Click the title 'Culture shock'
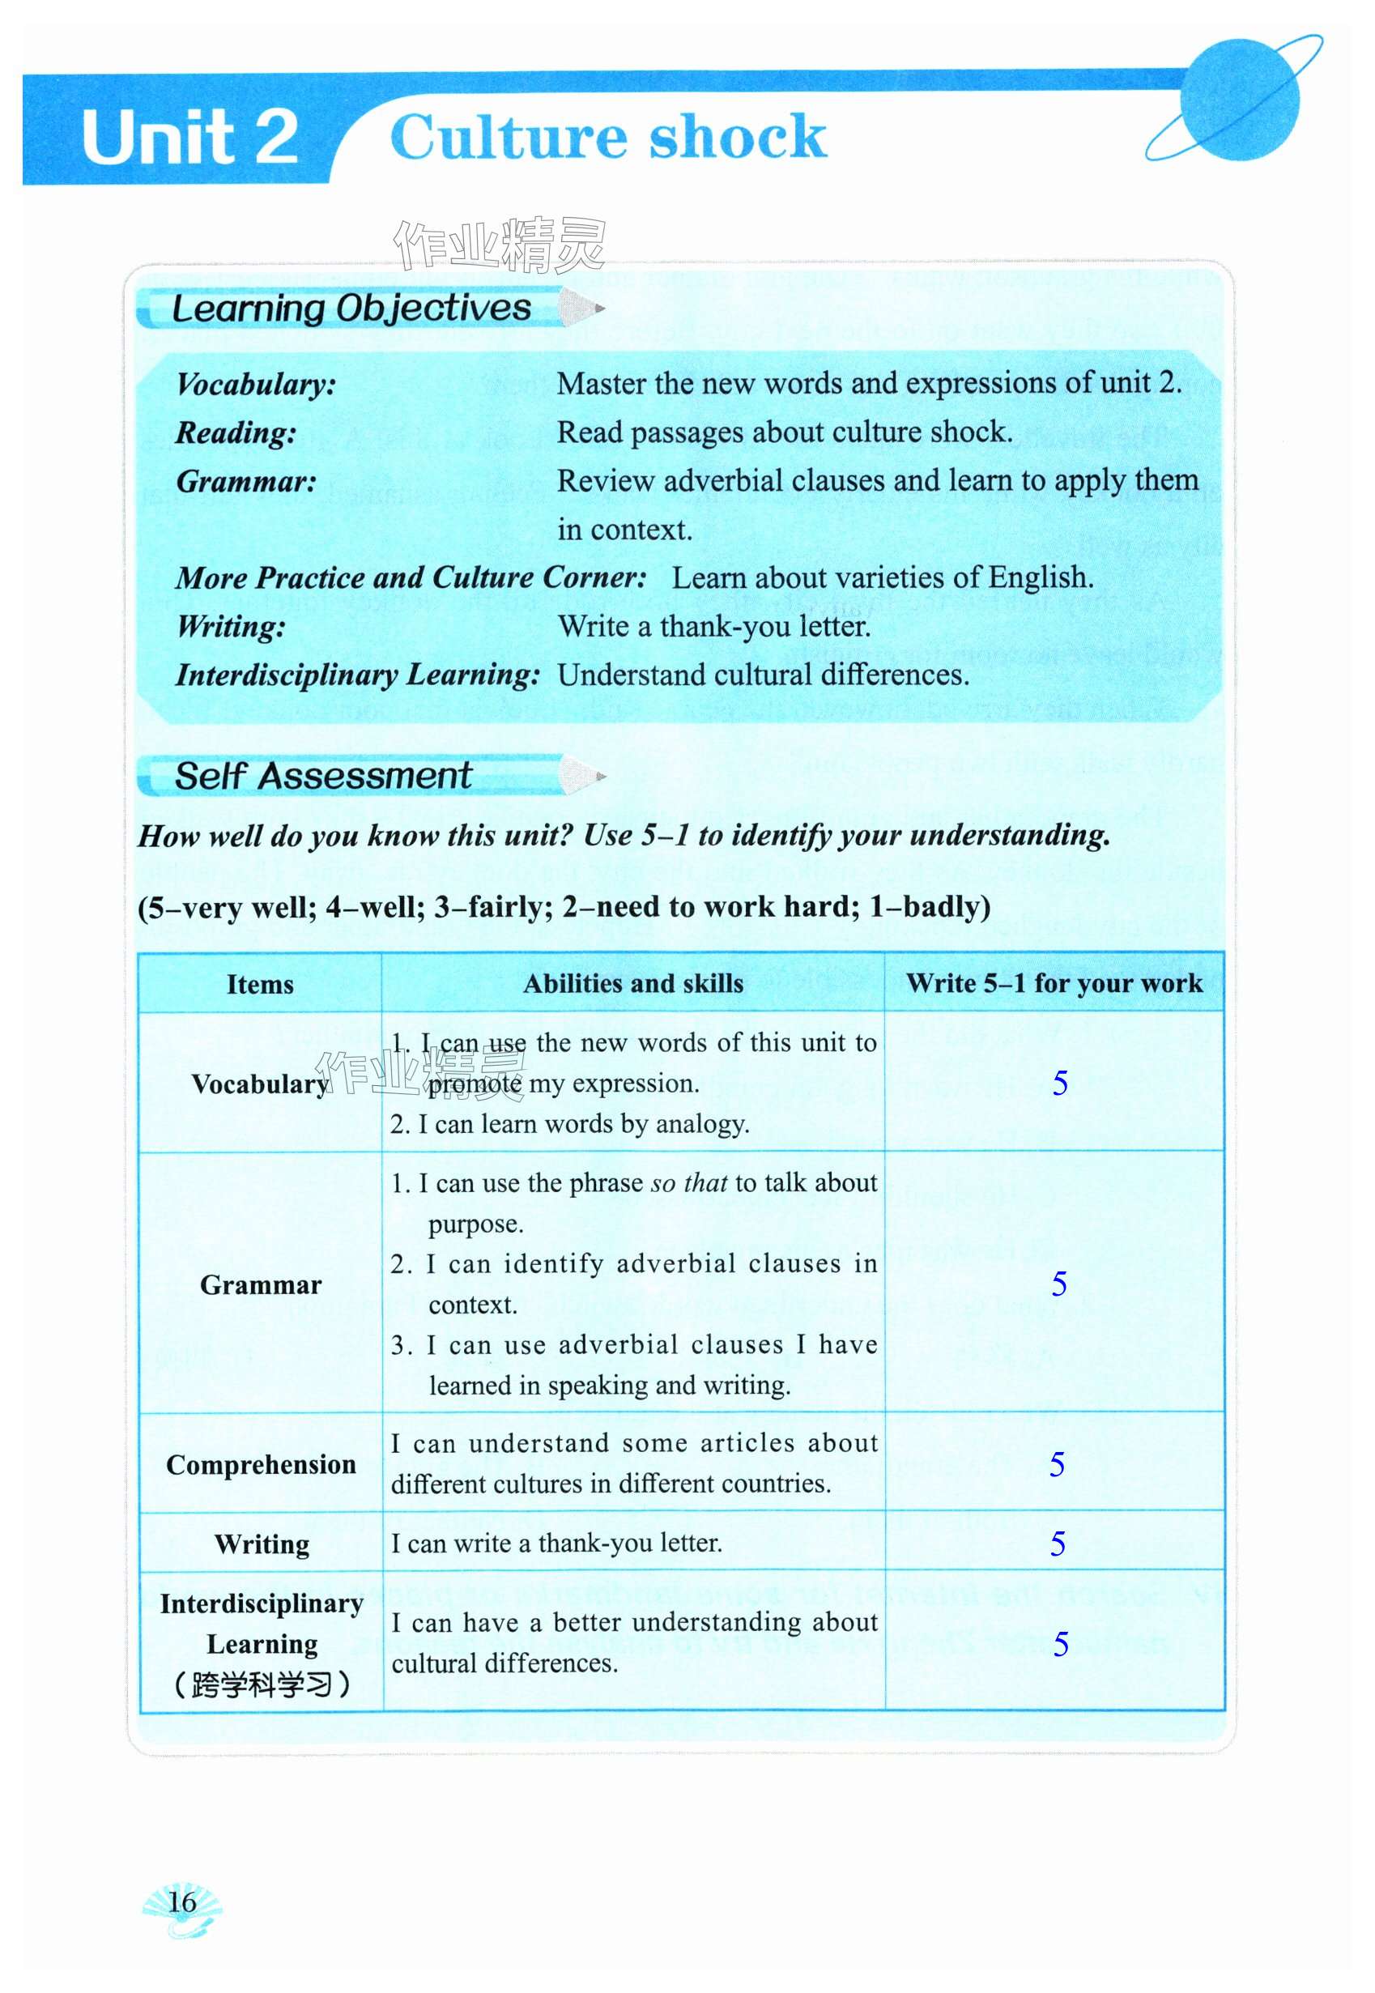pyautogui.click(x=608, y=138)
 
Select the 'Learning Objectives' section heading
pyautogui.click(x=351, y=308)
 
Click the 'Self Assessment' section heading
pyautogui.click(x=323, y=776)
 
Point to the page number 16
pyautogui.click(x=181, y=1901)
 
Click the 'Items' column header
pyautogui.click(x=259, y=984)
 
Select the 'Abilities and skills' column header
pyautogui.click(x=633, y=983)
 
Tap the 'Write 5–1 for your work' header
pyautogui.click(x=1054, y=983)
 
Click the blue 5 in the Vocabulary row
pyautogui.click(x=1060, y=1083)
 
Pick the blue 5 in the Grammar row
pyautogui.click(x=1059, y=1284)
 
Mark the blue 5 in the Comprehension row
pyautogui.click(x=1057, y=1465)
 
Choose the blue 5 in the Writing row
pyautogui.click(x=1057, y=1544)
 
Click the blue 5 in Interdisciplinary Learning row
pyautogui.click(x=1061, y=1644)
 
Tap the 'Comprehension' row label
pyautogui.click(x=261, y=1465)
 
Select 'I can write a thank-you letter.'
pyautogui.click(x=556, y=1544)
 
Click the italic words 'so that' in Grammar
pyautogui.click(x=689, y=1184)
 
